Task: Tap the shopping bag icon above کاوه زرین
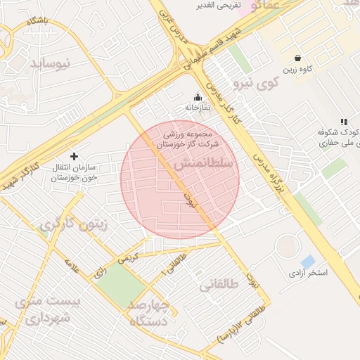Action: [x=299, y=58]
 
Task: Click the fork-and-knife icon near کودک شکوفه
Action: [x=343, y=122]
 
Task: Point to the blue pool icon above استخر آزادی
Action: [x=308, y=261]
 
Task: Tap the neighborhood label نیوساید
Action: [x=51, y=63]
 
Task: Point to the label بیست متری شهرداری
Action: [x=48, y=309]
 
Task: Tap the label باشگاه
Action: [x=37, y=21]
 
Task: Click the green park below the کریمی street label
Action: [x=122, y=285]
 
